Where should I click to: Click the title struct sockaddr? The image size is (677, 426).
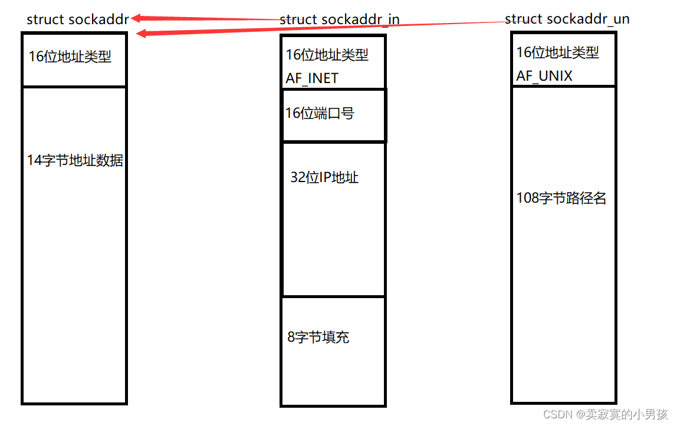click(x=77, y=19)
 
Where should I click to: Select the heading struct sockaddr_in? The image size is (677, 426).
click(x=340, y=19)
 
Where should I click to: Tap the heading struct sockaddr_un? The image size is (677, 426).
click(x=567, y=19)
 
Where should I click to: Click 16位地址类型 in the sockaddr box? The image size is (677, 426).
click(x=70, y=57)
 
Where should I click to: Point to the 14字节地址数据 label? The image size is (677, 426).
click(x=75, y=160)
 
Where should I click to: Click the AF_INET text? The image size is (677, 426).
click(x=312, y=78)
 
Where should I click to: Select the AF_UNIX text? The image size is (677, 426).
click(x=544, y=76)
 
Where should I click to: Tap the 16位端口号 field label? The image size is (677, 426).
click(x=320, y=113)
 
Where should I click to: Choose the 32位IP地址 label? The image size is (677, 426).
click(x=324, y=177)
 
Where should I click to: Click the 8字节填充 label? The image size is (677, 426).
click(x=318, y=337)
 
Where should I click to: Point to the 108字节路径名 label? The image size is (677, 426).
click(x=561, y=198)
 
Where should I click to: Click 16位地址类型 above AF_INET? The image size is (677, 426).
click(x=327, y=55)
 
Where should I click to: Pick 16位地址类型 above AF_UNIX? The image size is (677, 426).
click(x=557, y=52)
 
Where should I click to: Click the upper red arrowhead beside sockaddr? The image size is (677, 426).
click(x=137, y=18)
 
